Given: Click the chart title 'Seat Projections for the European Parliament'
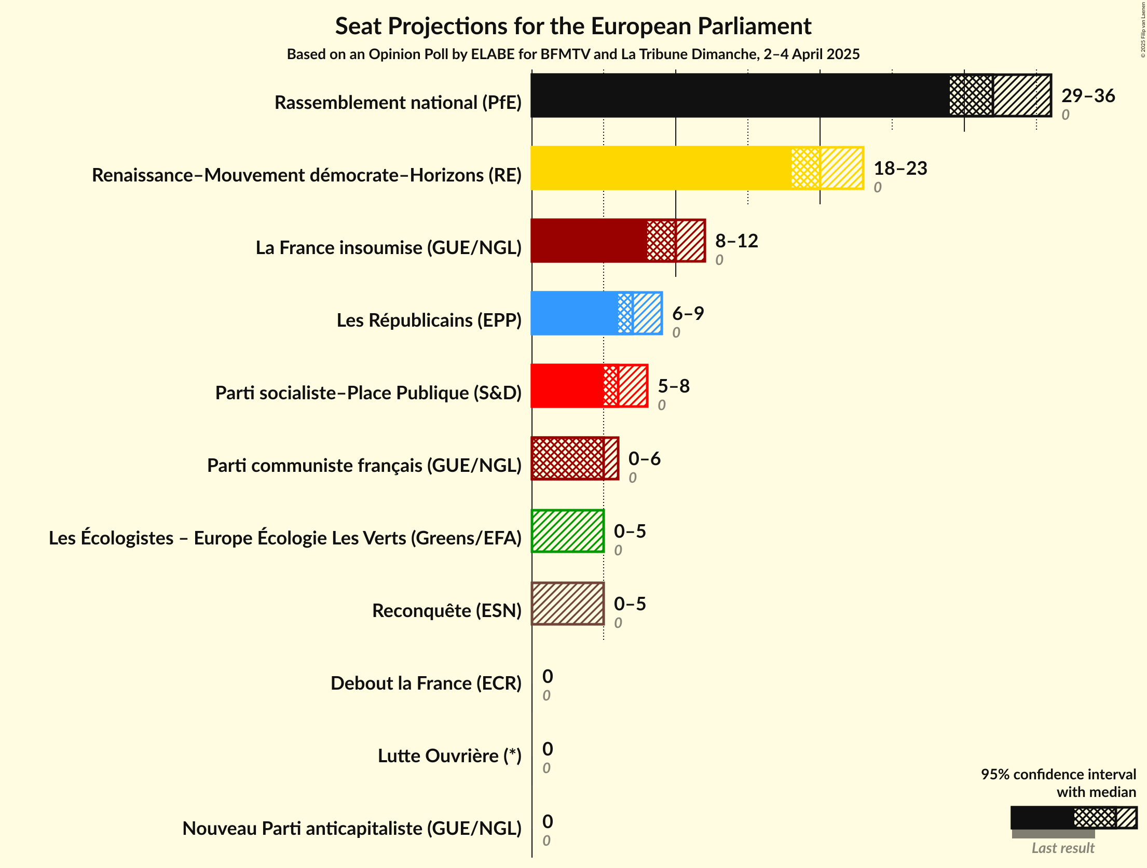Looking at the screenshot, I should [x=573, y=26].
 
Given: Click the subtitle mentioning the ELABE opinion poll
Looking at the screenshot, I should [x=573, y=54].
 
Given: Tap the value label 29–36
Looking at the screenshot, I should [x=1088, y=95].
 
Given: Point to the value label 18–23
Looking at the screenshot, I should [x=900, y=168].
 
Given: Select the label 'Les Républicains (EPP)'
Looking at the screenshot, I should [x=429, y=320].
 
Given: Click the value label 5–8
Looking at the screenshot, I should [x=673, y=386].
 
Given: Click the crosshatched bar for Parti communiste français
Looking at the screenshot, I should [x=567, y=458].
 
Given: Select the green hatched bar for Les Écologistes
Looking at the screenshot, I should [x=567, y=531].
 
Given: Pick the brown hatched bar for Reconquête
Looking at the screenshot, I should [x=567, y=604].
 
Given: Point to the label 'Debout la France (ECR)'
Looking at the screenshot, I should [x=426, y=683].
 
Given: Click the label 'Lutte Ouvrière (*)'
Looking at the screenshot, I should [x=449, y=756].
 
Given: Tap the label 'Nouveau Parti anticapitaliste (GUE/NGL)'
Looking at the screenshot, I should [x=351, y=829].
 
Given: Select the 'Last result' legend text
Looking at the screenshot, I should [x=1062, y=848].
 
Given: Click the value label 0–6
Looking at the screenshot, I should [x=644, y=458].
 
